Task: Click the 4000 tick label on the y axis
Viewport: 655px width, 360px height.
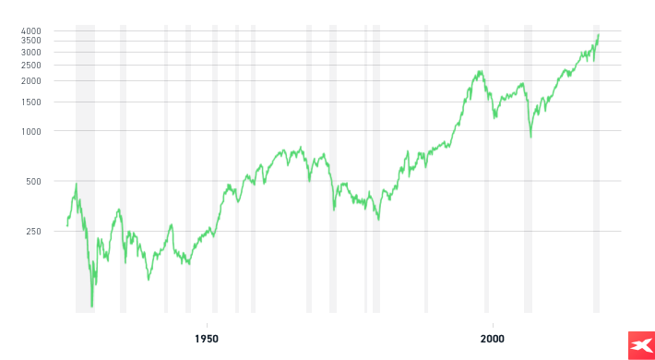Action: [x=31, y=30]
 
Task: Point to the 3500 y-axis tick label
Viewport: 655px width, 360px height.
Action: [x=31, y=41]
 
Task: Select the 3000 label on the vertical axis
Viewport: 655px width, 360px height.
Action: [x=31, y=52]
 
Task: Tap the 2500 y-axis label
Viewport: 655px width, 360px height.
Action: [x=31, y=65]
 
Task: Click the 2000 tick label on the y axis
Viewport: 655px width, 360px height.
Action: [x=31, y=80]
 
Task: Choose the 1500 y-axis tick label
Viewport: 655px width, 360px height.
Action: [x=31, y=102]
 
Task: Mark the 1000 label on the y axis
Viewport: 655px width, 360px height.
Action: [x=31, y=131]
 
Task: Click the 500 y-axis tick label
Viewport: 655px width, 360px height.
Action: [x=34, y=181]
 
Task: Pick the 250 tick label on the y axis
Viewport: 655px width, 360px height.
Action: [x=34, y=231]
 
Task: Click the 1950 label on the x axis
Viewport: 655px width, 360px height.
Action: [x=207, y=338]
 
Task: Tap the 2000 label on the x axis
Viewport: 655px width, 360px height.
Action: [x=493, y=338]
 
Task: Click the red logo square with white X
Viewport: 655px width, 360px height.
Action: [x=640, y=343]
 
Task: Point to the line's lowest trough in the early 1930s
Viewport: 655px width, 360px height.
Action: [x=91, y=306]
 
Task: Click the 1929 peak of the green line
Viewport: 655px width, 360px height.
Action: [x=77, y=183]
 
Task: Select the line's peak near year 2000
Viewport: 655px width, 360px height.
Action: [x=481, y=70]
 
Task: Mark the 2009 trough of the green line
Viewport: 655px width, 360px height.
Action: [x=530, y=138]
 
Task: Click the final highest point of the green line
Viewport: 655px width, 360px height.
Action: [x=598, y=35]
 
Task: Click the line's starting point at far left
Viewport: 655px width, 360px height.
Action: [x=66, y=226]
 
